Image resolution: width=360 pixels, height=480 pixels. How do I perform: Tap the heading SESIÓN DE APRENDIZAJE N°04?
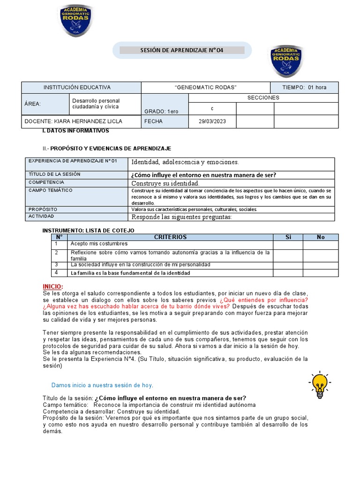(182, 50)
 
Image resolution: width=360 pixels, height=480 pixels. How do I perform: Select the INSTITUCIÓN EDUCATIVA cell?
(77, 88)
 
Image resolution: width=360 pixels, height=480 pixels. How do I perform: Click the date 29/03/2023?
(212, 121)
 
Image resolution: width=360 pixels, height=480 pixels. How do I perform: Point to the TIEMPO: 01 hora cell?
(304, 88)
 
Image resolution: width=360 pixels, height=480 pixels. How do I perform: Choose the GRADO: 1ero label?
(158, 111)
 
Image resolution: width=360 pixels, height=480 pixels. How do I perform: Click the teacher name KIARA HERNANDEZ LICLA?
(74, 121)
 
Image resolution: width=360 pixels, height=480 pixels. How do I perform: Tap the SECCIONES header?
(263, 98)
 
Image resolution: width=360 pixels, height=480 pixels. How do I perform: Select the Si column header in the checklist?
(288, 237)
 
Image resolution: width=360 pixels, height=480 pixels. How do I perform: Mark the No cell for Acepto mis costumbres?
(321, 245)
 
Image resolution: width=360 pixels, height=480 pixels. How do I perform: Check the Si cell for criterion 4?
(288, 273)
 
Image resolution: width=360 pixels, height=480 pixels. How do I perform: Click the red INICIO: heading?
(52, 286)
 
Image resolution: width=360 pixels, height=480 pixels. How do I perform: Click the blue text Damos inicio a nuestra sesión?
(102, 385)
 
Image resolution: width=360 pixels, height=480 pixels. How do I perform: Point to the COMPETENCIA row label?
(46, 182)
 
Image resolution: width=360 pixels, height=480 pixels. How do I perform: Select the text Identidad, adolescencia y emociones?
(185, 162)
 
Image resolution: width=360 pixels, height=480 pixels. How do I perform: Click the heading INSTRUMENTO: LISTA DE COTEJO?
(88, 231)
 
